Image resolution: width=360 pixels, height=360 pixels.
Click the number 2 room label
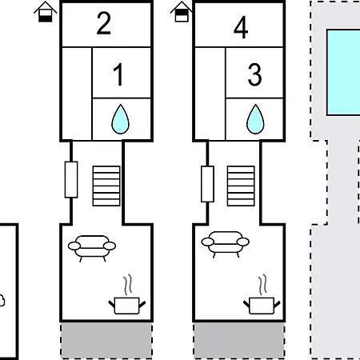(x=104, y=23)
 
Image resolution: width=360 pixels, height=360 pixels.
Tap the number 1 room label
(x=118, y=74)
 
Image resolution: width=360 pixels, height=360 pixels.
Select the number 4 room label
(x=241, y=27)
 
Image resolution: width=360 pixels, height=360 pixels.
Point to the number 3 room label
(x=254, y=74)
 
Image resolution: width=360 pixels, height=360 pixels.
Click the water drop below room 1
(x=121, y=119)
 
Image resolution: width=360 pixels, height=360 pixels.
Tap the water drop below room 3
(x=255, y=119)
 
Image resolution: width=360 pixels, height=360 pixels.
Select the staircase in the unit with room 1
(x=106, y=186)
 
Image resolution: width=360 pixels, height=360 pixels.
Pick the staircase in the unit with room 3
(x=241, y=186)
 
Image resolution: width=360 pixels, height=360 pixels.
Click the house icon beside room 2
(x=46, y=12)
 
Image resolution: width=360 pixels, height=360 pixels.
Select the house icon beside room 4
(x=182, y=12)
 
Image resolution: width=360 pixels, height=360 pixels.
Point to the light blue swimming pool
(x=343, y=73)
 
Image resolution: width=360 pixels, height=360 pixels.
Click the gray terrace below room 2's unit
(x=106, y=340)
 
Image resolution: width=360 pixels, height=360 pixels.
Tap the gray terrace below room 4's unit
(x=239, y=340)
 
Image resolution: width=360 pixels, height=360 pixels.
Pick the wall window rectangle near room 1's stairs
(x=71, y=179)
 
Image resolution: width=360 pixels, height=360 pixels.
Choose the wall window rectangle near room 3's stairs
(x=207, y=184)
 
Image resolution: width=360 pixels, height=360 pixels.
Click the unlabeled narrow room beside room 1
(x=77, y=94)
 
